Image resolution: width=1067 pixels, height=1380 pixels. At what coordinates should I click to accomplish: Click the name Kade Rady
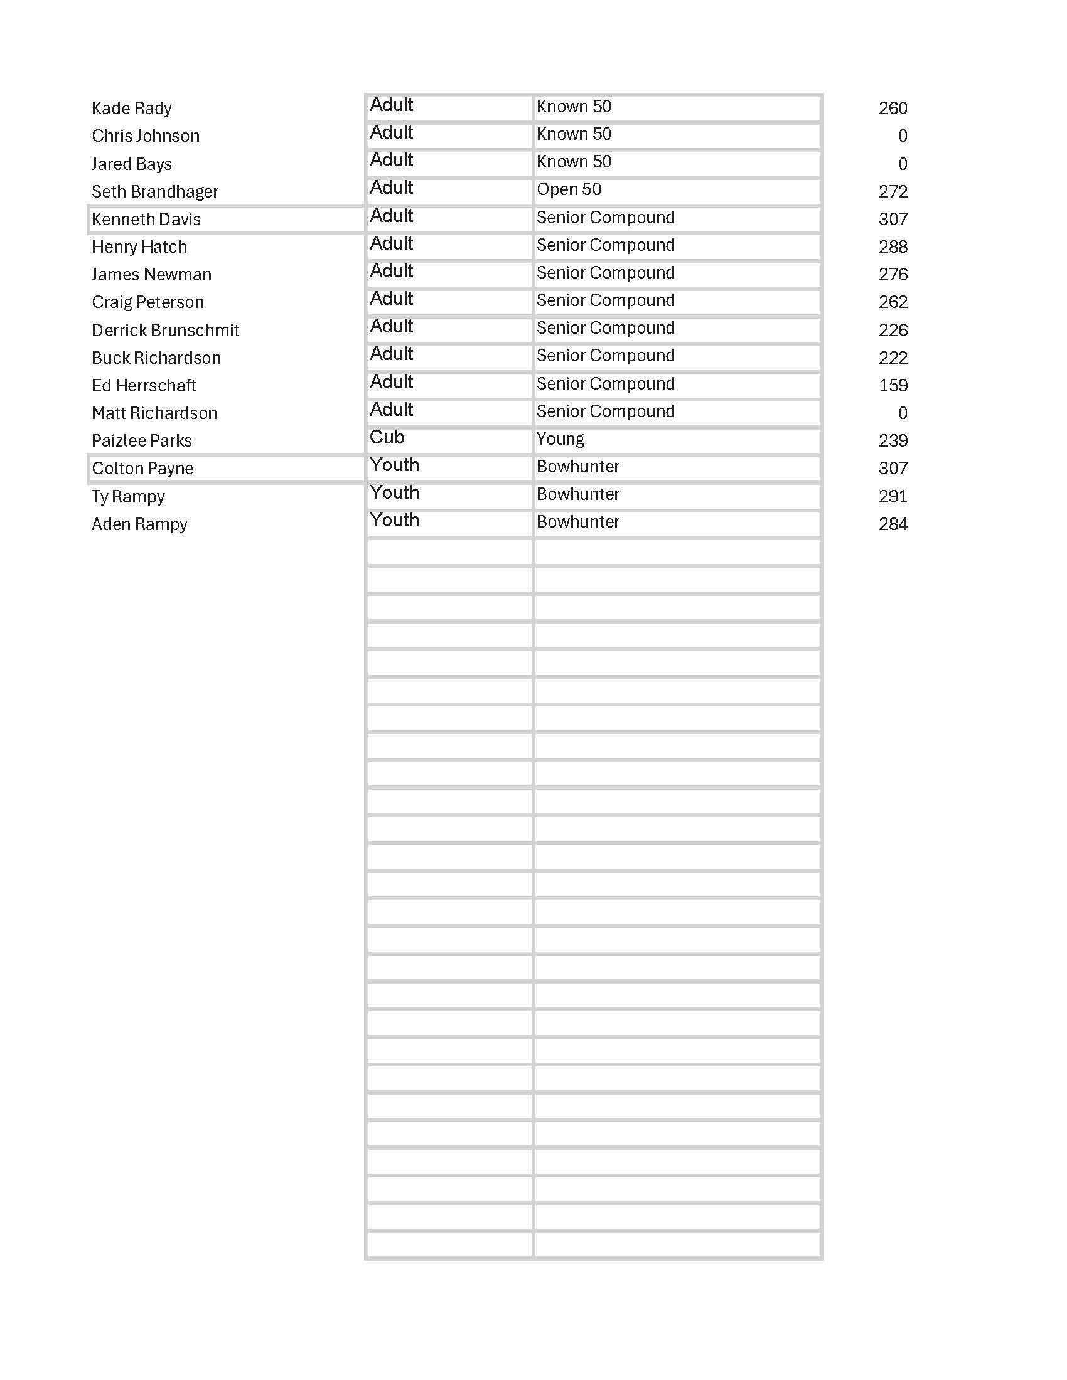coord(131,109)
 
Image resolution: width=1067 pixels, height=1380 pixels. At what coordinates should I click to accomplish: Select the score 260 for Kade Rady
coord(893,109)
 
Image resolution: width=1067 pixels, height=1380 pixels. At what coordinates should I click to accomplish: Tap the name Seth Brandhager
coord(155,191)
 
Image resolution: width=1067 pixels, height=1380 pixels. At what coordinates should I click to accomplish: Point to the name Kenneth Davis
coord(146,220)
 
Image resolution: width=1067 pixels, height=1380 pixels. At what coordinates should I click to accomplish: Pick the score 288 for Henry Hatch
coord(893,247)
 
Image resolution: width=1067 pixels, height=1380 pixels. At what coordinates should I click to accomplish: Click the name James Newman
coord(151,275)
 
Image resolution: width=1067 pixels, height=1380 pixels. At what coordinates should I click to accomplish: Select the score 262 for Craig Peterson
coord(893,302)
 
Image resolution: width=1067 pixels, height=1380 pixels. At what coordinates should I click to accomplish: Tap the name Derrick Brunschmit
coord(165,331)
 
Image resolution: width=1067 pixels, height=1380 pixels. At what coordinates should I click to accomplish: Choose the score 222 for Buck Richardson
coord(893,358)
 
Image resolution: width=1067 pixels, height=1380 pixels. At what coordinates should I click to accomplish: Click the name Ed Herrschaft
coord(144,385)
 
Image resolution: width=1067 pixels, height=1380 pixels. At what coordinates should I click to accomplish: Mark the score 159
coord(893,385)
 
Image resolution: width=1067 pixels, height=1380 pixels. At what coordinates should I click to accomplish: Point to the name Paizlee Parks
coord(142,441)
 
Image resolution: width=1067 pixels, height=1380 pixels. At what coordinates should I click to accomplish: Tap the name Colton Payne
coord(142,469)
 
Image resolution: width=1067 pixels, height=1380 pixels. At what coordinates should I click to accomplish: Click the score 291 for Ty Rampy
coord(893,497)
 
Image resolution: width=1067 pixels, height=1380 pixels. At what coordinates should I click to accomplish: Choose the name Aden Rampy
coord(139,524)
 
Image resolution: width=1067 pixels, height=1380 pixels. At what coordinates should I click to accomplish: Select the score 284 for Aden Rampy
coord(893,524)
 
